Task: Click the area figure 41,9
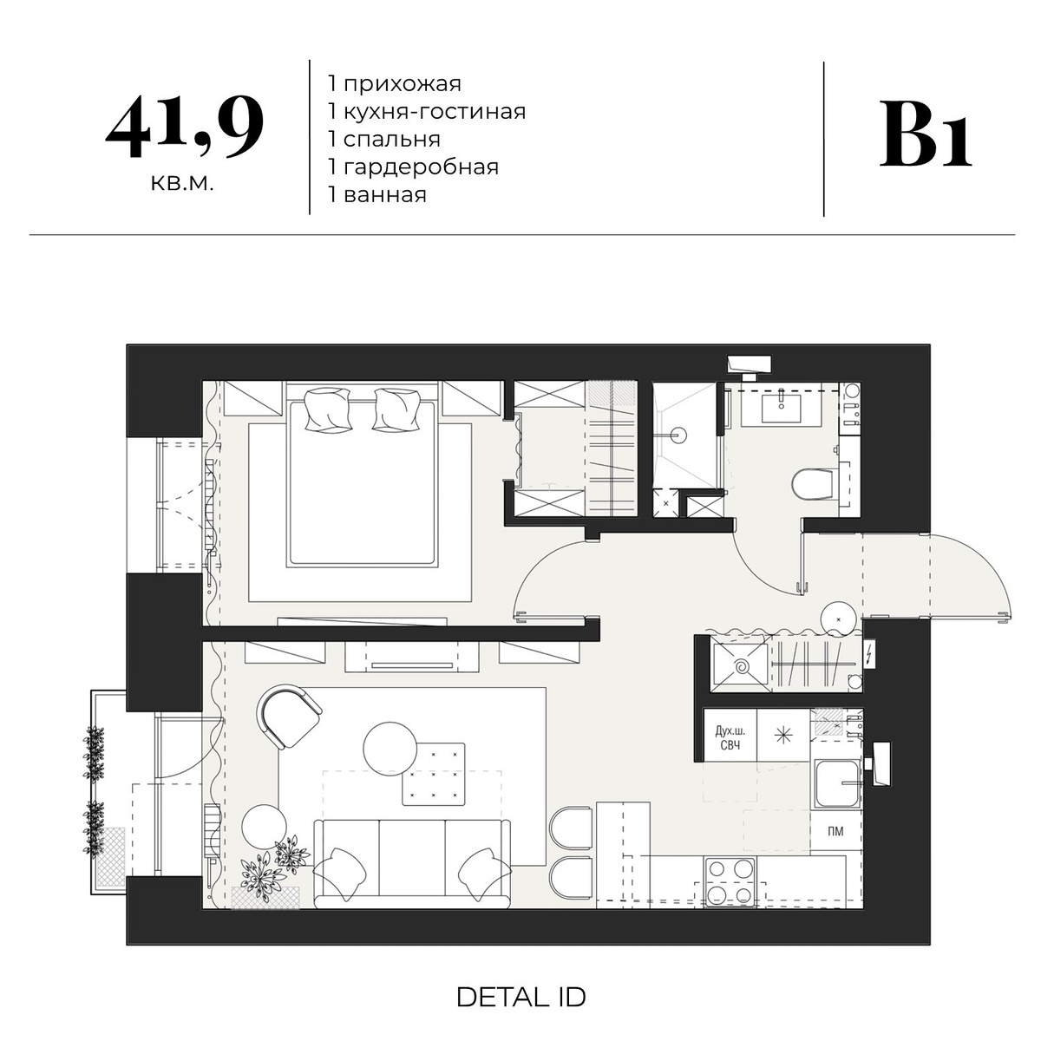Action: click(x=185, y=128)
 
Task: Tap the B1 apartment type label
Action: click(x=925, y=134)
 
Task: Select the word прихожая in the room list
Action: click(x=402, y=84)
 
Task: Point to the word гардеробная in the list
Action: click(x=421, y=167)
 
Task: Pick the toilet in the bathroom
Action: click(x=814, y=483)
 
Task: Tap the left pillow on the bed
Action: click(x=327, y=409)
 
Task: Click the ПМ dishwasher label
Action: click(x=835, y=831)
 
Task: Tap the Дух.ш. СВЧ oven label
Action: click(x=730, y=738)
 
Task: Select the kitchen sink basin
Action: click(x=835, y=783)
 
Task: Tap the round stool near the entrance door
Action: click(x=838, y=619)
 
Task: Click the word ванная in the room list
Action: click(x=385, y=194)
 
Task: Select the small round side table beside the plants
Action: click(x=264, y=827)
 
